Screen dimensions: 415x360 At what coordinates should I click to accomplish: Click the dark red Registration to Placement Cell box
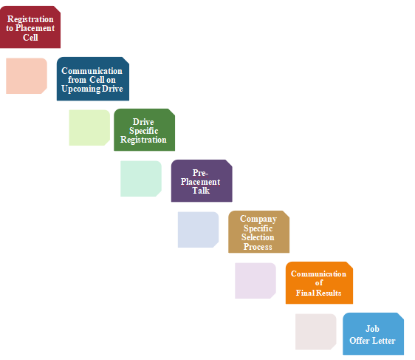pos(30,27)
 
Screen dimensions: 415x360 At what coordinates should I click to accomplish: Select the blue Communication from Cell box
pos(93,78)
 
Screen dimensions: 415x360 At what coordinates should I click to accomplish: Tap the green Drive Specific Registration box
pos(144,130)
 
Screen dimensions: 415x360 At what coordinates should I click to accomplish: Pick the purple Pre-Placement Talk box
pos(202,180)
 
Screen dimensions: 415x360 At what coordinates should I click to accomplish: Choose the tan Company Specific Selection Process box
pos(259,232)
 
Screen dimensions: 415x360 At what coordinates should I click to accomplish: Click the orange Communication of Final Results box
pos(319,282)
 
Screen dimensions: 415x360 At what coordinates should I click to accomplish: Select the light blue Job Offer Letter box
pos(373,334)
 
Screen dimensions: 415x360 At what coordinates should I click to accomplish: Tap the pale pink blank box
pos(27,76)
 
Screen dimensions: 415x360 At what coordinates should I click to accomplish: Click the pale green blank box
pos(89,128)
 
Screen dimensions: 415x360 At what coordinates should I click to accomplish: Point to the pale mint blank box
pos(141,179)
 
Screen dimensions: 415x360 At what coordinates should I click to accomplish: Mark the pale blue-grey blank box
pos(198,230)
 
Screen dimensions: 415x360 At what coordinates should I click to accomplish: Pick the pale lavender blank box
pos(255,281)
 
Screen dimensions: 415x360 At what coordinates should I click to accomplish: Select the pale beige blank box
pos(316,332)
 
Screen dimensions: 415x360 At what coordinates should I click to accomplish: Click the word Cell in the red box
pos(30,38)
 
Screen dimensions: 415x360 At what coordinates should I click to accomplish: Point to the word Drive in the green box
pos(143,122)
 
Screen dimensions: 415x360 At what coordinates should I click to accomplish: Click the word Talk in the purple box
pos(201,191)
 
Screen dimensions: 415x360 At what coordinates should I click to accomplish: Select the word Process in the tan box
pos(258,247)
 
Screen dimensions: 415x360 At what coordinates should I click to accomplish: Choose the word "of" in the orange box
pos(319,283)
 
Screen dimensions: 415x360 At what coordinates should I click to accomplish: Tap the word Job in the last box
pos(372,329)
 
